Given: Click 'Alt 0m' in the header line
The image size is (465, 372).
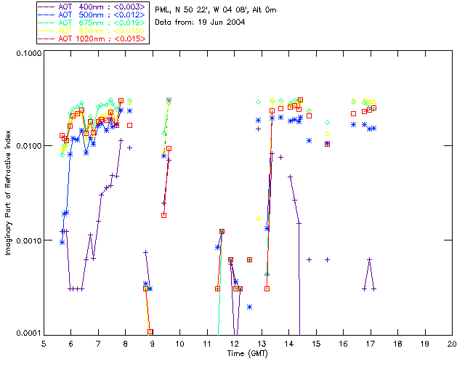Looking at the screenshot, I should point(264,9).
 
